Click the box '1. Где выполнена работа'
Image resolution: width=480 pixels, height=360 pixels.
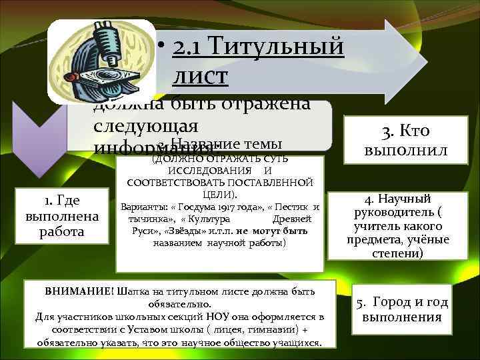tap(61, 215)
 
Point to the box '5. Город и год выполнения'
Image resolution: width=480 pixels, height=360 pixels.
tap(401, 309)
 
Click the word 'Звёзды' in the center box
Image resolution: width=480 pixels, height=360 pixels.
tap(172, 231)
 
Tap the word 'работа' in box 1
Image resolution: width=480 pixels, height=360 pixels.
tap(61, 231)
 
